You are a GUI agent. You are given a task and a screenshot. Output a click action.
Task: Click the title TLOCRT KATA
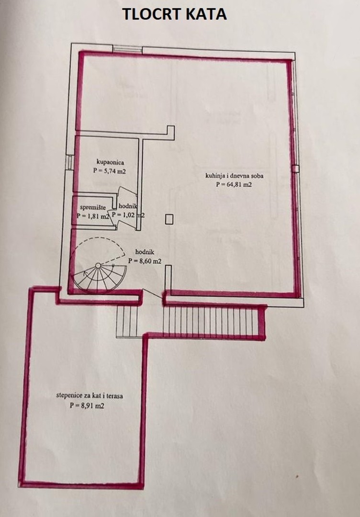pos(174,14)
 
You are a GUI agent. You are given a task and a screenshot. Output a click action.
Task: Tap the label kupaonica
pos(110,162)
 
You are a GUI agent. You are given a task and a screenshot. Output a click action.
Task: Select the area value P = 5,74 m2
pos(110,171)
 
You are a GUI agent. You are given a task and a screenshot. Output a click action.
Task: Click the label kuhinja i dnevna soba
pos(234,176)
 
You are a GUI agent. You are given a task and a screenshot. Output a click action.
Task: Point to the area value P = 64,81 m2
pos(234,185)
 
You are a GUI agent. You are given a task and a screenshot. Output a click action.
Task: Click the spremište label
pos(93,207)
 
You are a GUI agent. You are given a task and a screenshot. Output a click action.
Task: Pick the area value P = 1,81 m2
pos(93,216)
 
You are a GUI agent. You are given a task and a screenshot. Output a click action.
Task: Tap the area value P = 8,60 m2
pos(145,261)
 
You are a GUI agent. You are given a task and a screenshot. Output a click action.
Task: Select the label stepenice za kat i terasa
pos(90,395)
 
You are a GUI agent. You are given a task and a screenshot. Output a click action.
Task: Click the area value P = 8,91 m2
pos(87,406)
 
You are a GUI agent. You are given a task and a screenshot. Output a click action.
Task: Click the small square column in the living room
pos(169,219)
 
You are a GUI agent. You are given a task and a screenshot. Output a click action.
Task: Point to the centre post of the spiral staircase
pos(98,266)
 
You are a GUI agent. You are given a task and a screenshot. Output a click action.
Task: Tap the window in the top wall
pos(127,49)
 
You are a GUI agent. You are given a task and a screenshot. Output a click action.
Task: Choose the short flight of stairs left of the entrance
pos(127,322)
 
